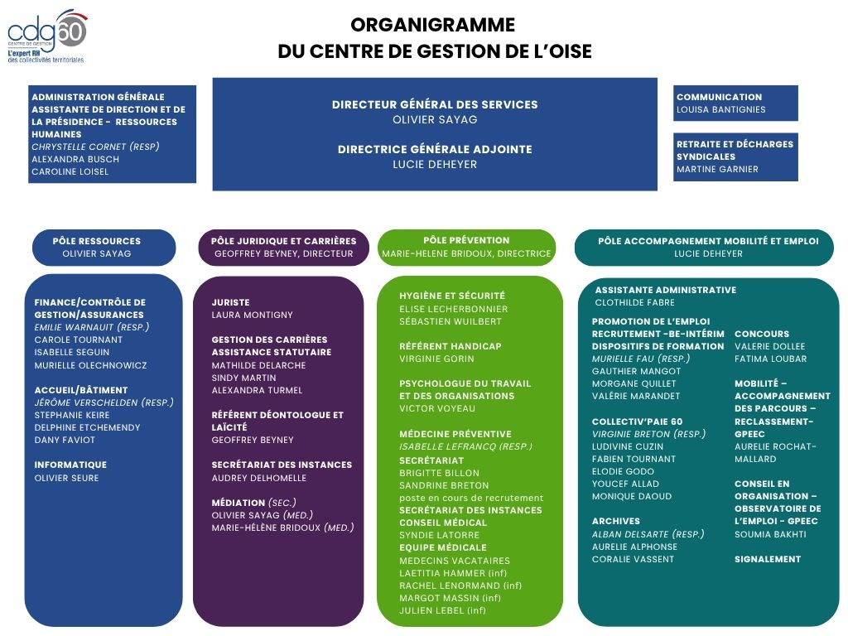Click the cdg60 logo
(47, 36)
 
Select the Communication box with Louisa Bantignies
(735, 103)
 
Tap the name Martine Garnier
(717, 169)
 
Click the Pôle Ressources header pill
(104, 248)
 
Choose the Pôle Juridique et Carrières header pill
(283, 248)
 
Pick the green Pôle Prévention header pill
(466, 247)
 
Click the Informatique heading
(70, 465)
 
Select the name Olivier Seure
(66, 478)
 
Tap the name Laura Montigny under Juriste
(252, 315)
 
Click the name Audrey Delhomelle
(259, 478)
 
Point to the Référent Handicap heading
(450, 346)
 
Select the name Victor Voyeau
(437, 408)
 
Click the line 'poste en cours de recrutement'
(471, 498)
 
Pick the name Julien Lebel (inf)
(442, 610)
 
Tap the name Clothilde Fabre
(634, 302)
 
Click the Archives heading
(615, 521)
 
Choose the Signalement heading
(768, 559)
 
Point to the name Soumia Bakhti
(770, 534)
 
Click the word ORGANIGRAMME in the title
(432, 25)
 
